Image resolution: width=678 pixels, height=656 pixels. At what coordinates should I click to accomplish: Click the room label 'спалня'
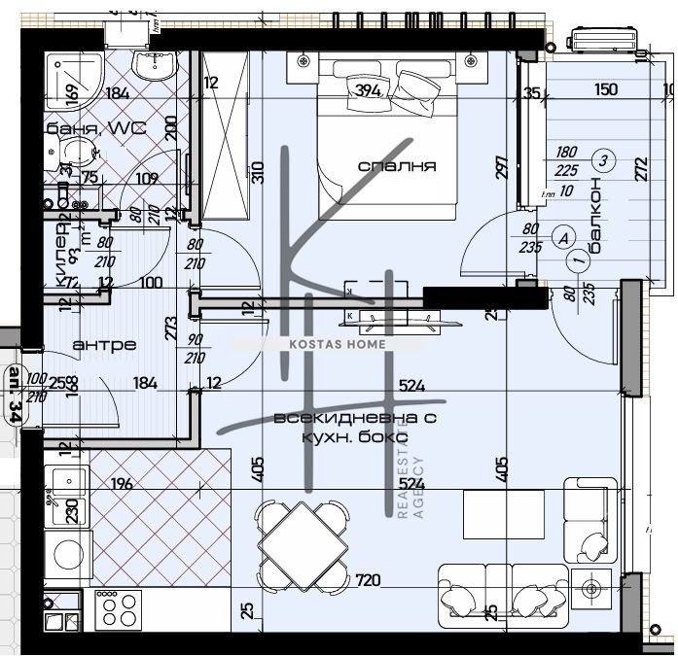[397, 166]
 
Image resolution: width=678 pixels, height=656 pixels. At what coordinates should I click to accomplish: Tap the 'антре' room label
[104, 345]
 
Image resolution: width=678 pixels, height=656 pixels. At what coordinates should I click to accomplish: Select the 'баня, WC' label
[93, 127]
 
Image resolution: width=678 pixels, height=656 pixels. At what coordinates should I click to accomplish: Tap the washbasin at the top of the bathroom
[153, 65]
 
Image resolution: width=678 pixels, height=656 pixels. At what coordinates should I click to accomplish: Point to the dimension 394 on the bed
[369, 91]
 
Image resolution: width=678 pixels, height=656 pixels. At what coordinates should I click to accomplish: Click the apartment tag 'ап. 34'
[14, 394]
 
